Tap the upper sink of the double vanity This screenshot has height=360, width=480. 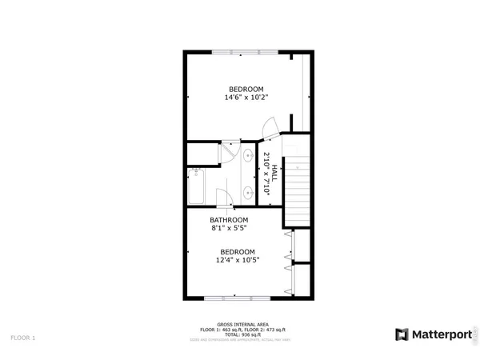[x=249, y=155]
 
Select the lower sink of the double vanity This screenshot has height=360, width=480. [x=249, y=191]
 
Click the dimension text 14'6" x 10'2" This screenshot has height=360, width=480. [x=246, y=98]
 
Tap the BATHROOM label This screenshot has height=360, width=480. [x=229, y=220]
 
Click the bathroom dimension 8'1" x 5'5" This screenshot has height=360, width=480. [x=229, y=229]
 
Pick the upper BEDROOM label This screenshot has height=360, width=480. [x=246, y=89]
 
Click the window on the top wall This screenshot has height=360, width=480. [x=246, y=53]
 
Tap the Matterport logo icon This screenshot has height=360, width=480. [x=401, y=334]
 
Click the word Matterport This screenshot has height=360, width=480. [x=437, y=334]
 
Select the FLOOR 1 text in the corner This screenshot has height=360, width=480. [x=23, y=338]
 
